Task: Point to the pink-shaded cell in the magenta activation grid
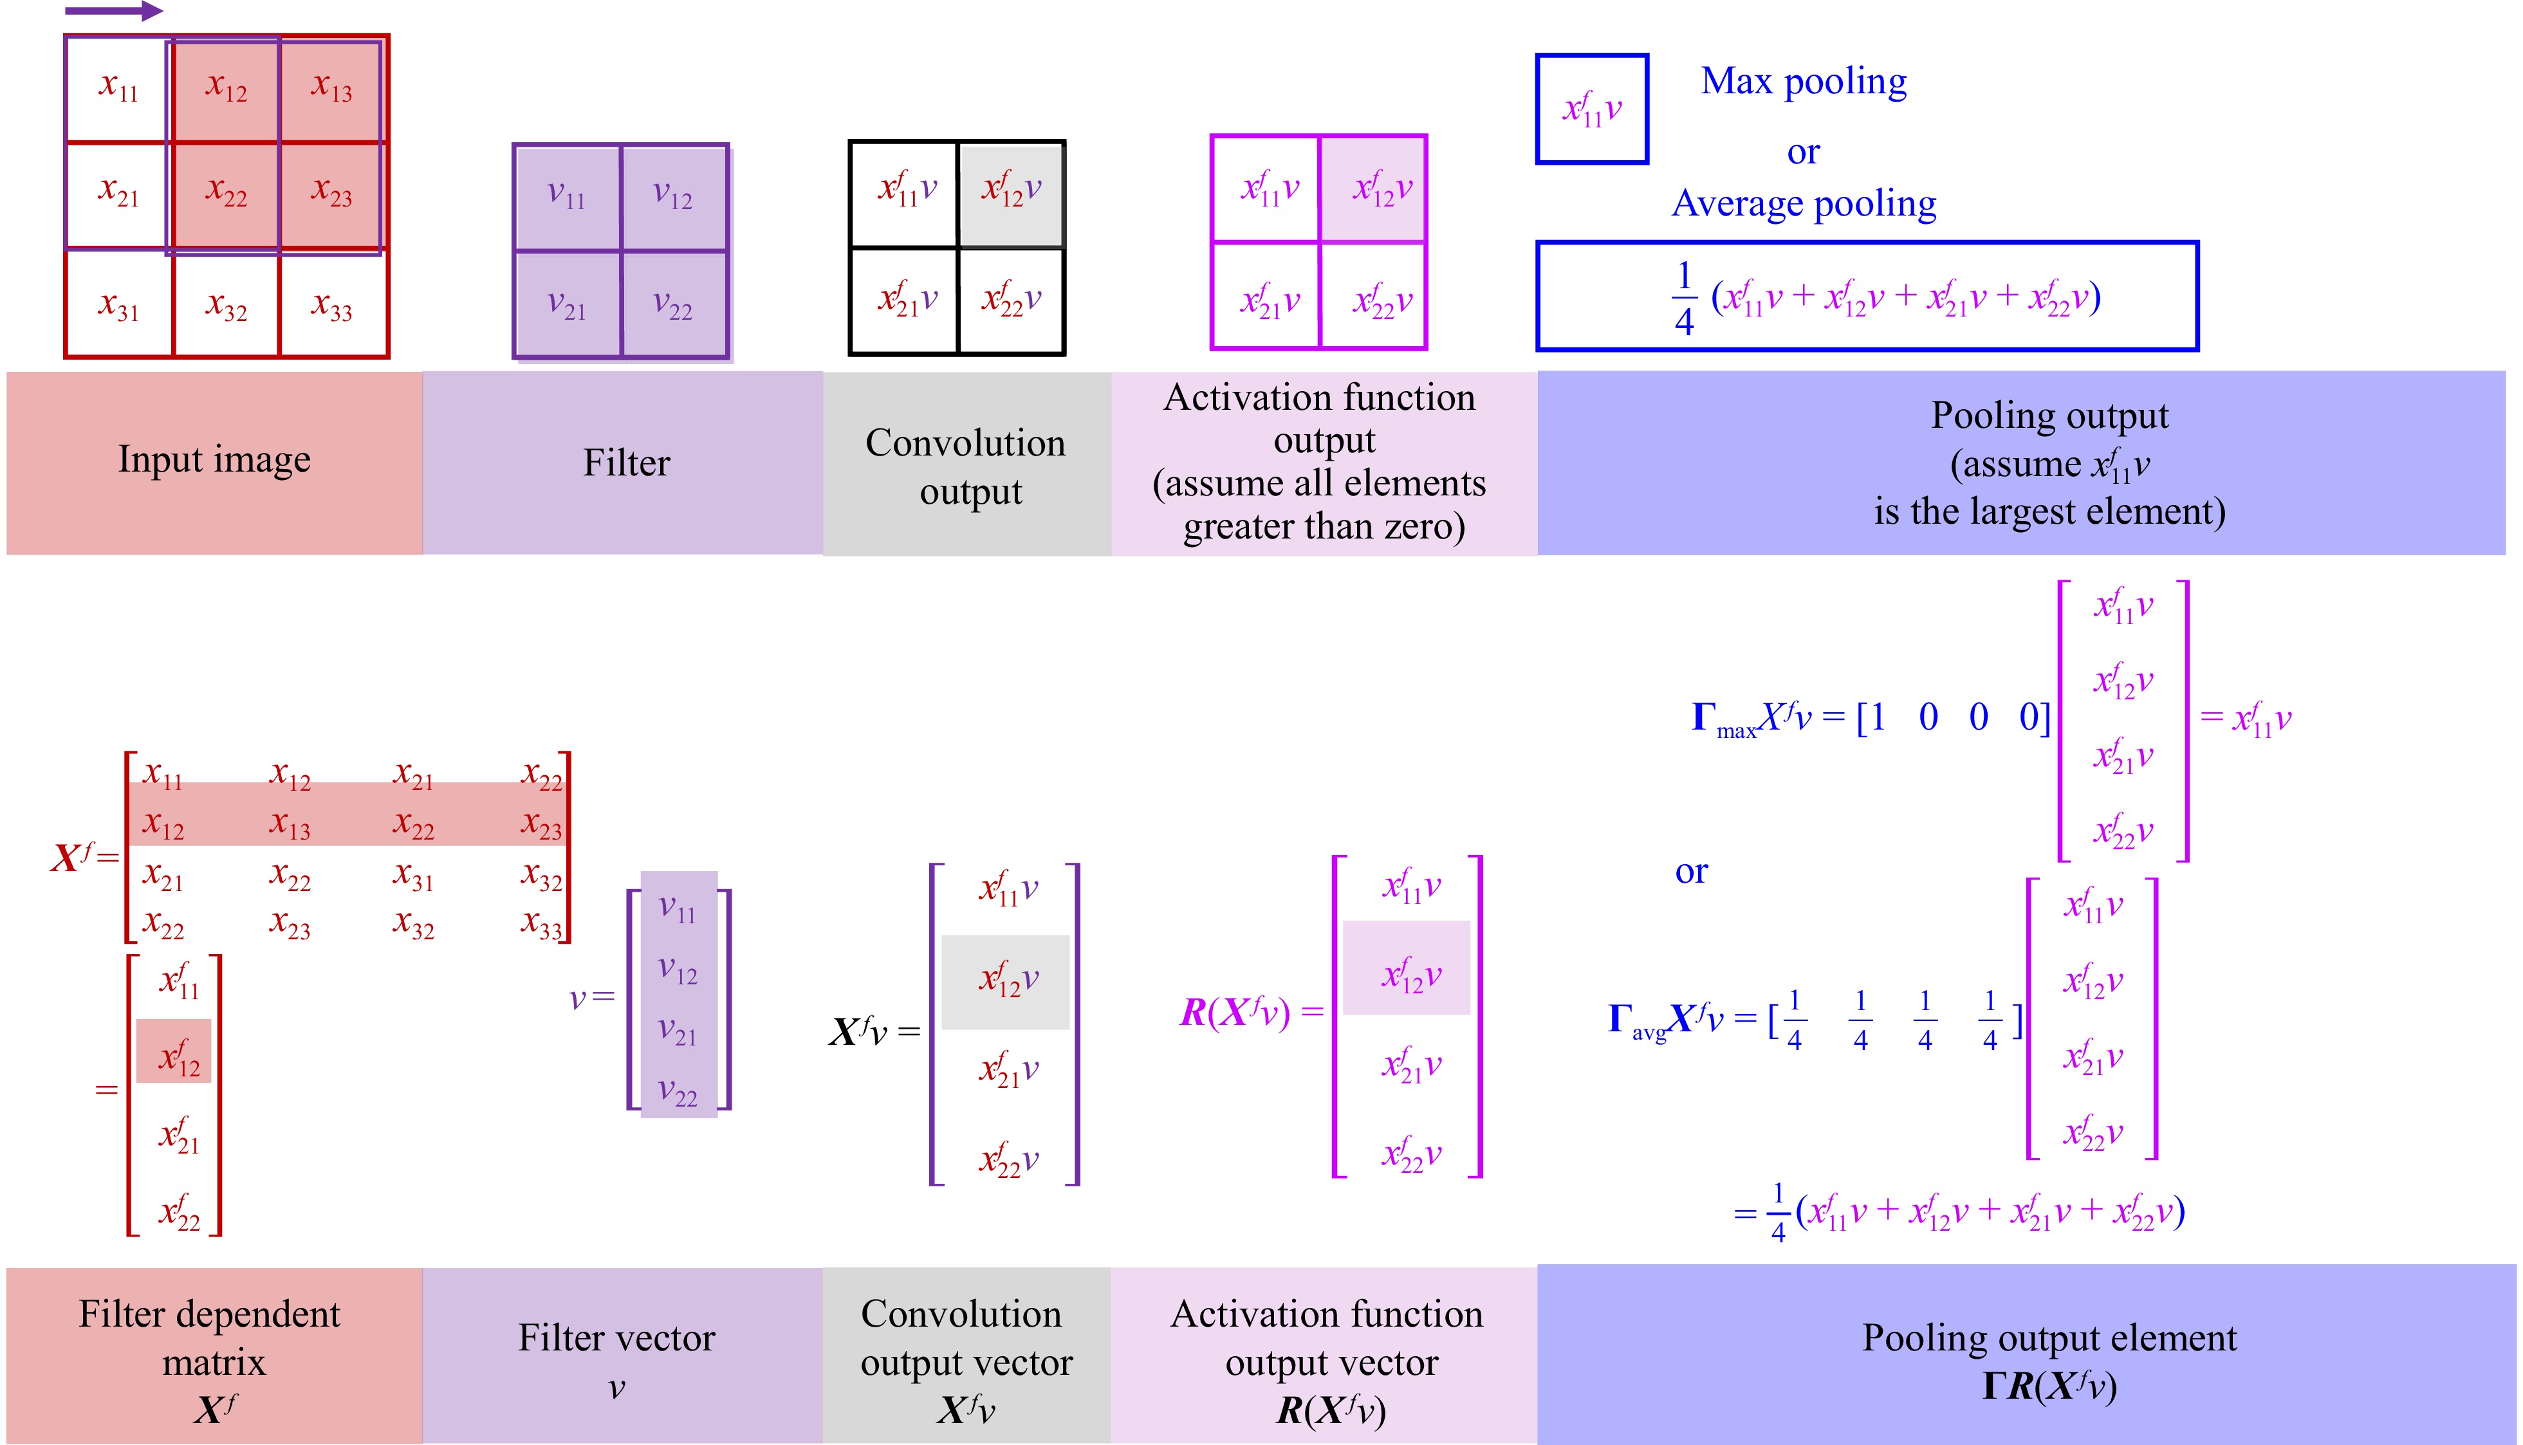tap(1374, 188)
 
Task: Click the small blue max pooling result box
tap(1591, 108)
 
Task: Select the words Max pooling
tap(1804, 81)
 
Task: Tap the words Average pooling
tap(1804, 203)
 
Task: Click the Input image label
tap(214, 459)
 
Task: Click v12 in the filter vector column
tap(678, 969)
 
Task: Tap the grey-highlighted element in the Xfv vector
tap(1006, 980)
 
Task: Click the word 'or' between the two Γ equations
tap(1691, 870)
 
